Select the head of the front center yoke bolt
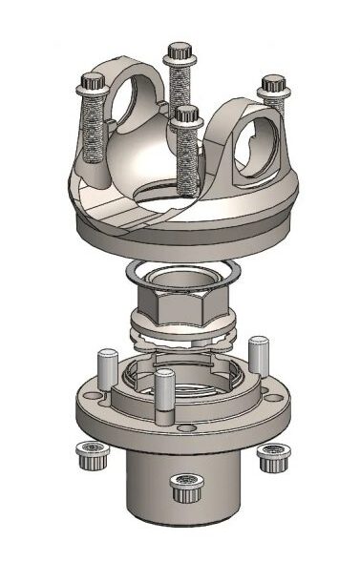pos(186,115)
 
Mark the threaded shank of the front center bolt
pos(185,157)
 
